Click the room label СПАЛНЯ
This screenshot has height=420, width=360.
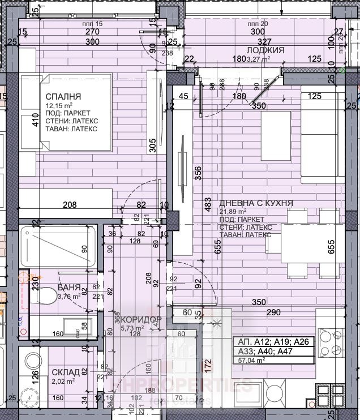click(x=63, y=97)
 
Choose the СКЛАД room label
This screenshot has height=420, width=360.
click(x=66, y=372)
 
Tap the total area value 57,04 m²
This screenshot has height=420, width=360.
click(x=253, y=359)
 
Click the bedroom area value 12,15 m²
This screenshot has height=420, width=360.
click(x=59, y=105)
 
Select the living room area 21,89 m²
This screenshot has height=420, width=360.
click(x=234, y=211)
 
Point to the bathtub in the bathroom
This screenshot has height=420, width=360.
click(x=57, y=244)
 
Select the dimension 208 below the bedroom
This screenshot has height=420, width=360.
click(x=85, y=205)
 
